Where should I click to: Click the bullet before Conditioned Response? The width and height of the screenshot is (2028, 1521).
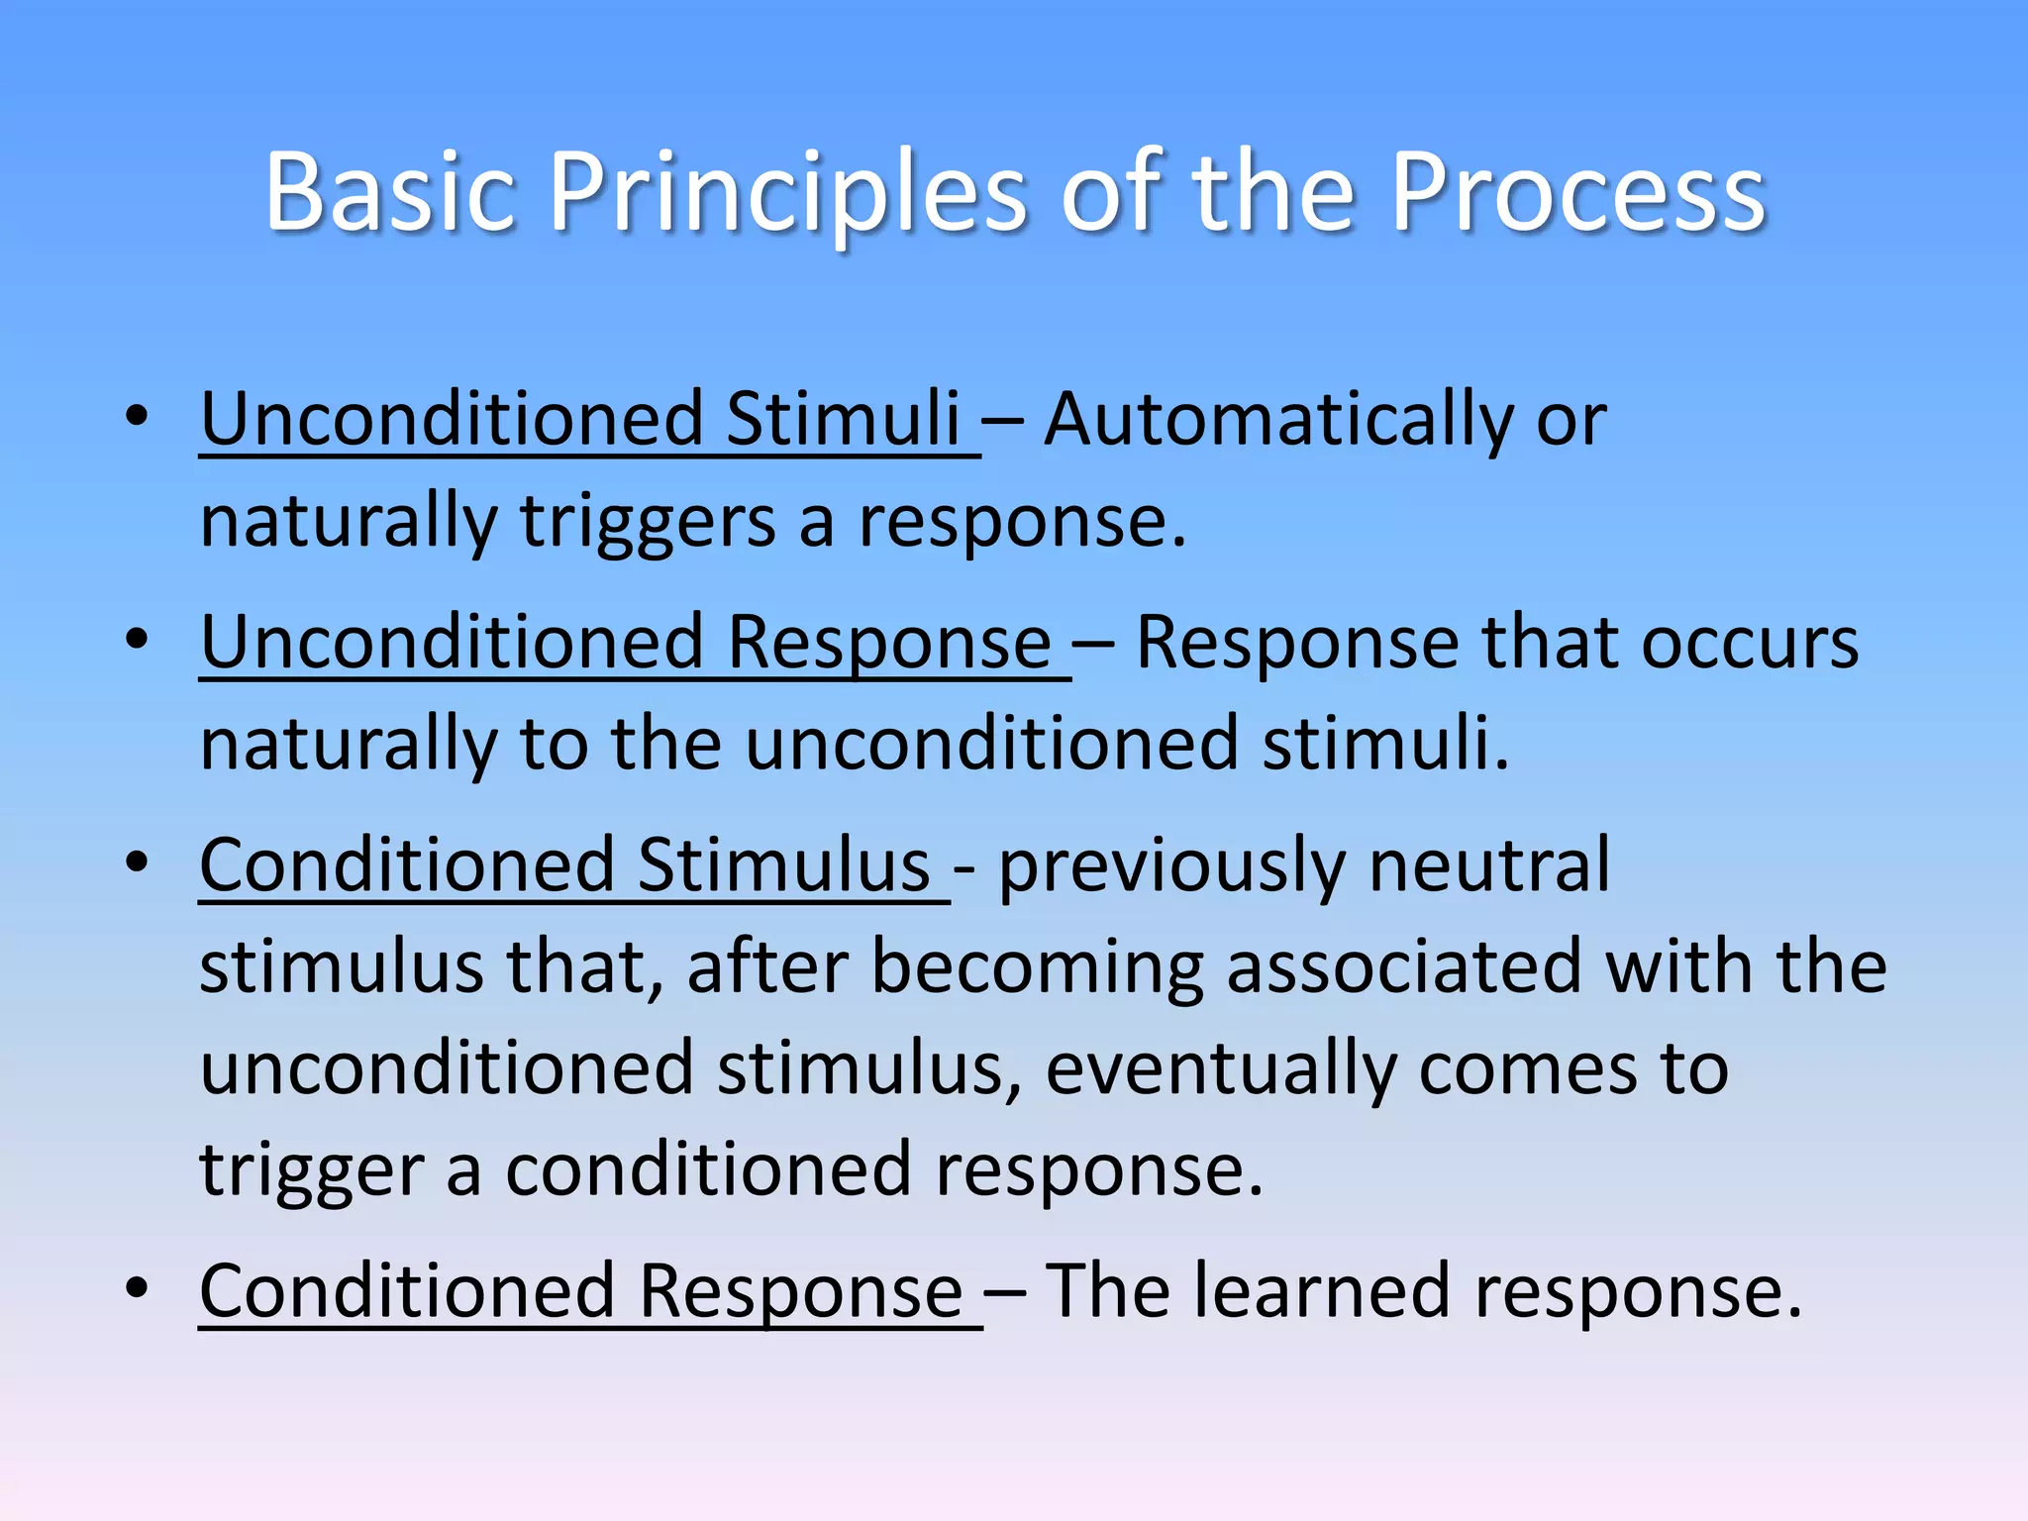138,1288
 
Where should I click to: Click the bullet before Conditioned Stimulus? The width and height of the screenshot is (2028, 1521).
138,862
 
